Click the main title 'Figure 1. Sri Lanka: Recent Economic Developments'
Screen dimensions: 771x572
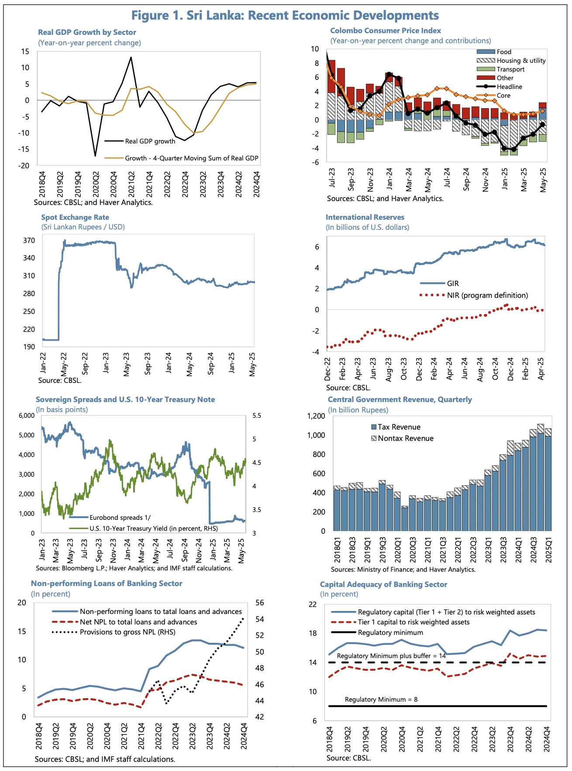click(285, 16)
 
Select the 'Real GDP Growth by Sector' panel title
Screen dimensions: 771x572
click(87, 32)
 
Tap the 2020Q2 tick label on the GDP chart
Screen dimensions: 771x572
click(96, 184)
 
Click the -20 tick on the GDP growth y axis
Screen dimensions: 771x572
click(24, 166)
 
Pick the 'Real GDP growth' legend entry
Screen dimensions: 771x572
click(150, 141)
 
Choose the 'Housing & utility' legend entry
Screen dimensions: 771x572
click(521, 61)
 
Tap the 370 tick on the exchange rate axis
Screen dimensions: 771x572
click(29, 240)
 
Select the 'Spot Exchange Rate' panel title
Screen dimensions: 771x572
click(75, 217)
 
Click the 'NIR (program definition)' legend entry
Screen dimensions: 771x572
click(487, 295)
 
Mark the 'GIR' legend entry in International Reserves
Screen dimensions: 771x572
click(453, 283)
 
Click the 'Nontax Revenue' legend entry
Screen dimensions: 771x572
click(405, 438)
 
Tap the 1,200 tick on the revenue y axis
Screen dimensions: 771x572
click(316, 416)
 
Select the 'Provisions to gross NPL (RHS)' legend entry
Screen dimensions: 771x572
click(127, 632)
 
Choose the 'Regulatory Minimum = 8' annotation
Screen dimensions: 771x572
click(381, 699)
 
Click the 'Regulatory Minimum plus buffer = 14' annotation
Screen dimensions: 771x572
click(391, 656)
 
